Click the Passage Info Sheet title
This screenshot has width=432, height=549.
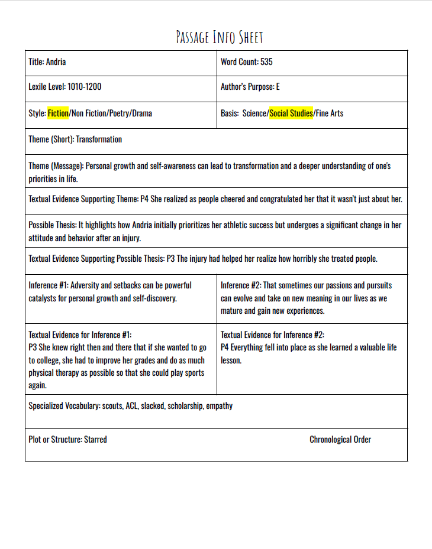click(219, 37)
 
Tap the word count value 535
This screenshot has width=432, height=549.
click(266, 61)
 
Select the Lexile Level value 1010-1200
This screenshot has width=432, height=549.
click(84, 87)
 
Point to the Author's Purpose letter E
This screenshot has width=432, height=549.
click(278, 87)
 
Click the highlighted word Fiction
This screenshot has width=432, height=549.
click(58, 113)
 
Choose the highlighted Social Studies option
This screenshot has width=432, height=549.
click(291, 113)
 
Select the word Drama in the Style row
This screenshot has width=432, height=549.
click(143, 113)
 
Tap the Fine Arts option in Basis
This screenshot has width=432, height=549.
click(330, 113)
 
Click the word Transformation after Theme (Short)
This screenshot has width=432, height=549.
click(99, 139)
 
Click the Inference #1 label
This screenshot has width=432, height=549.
click(47, 285)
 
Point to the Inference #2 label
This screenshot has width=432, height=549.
click(240, 285)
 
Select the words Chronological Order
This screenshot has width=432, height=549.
click(340, 440)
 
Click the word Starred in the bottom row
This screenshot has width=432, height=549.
click(95, 440)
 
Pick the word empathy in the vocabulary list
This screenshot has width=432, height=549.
click(219, 406)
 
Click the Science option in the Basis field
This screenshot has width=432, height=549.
click(255, 113)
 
